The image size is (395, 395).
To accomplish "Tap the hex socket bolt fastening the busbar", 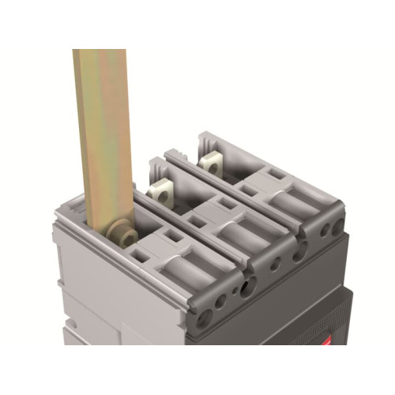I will point(121,235).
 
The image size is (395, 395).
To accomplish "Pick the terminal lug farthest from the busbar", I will point(212,162).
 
